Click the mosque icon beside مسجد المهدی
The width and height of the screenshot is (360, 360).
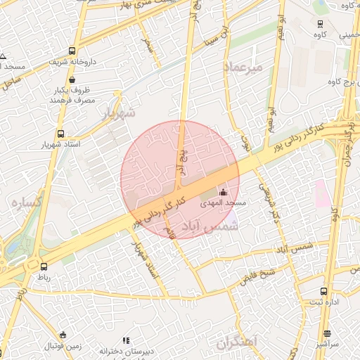click(224, 192)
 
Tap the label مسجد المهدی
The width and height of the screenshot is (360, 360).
click(224, 203)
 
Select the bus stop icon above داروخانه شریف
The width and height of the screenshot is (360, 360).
click(72, 51)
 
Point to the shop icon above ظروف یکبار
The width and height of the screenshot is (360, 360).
click(73, 79)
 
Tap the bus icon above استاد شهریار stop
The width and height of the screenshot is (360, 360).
click(60, 133)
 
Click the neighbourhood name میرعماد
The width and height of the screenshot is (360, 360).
click(243, 67)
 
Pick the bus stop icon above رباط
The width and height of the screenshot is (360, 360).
click(44, 266)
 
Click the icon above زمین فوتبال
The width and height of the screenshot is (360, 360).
click(63, 335)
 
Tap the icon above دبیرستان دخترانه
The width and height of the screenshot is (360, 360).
click(126, 340)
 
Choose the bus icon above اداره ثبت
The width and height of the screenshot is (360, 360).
click(323, 291)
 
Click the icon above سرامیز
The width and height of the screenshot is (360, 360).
click(327, 334)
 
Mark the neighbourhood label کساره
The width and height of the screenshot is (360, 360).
click(27, 202)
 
